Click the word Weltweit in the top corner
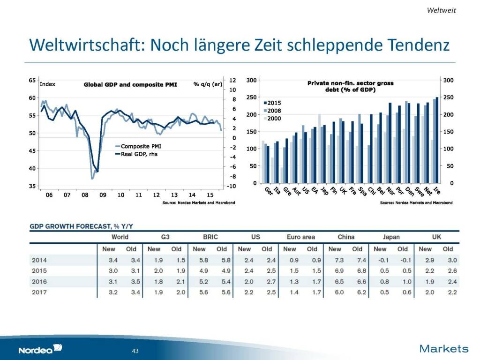click(441, 10)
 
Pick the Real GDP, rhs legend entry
click(136, 154)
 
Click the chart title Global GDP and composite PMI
click(130, 85)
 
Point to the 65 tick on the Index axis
click(32, 80)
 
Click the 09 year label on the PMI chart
click(103, 195)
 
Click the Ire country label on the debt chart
click(437, 191)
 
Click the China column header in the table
click(346, 237)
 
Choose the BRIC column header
click(210, 237)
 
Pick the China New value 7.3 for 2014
click(335, 260)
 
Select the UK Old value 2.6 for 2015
click(448, 271)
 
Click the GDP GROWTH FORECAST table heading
click(82, 226)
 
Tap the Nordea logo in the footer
click(40, 349)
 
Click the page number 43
click(136, 351)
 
